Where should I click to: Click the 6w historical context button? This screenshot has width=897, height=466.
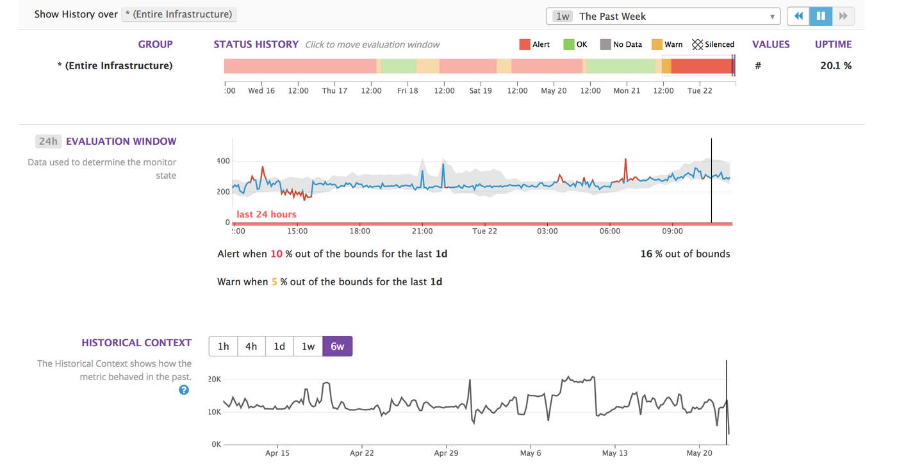tap(337, 346)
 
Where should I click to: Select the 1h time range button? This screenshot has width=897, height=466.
tap(223, 346)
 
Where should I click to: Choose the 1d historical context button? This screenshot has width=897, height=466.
tap(279, 346)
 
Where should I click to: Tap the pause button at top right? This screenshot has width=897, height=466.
tap(821, 16)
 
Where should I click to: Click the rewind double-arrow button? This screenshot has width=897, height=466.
tap(798, 16)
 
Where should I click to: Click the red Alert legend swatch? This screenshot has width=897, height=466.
tap(524, 44)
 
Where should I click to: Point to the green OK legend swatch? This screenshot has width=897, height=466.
tap(568, 44)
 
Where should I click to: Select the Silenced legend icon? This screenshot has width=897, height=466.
tap(697, 44)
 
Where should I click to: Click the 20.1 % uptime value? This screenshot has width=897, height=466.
tap(835, 65)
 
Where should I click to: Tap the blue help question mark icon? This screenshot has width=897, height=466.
tap(184, 390)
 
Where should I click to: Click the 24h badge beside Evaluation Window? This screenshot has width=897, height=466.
tap(48, 141)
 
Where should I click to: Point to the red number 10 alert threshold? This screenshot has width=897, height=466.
tap(276, 254)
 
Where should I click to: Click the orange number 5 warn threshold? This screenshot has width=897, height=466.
tap(274, 281)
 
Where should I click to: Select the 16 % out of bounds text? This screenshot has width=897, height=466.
tap(685, 254)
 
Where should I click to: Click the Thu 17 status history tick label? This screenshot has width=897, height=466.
tap(334, 90)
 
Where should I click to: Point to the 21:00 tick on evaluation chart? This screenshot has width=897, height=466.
tap(422, 231)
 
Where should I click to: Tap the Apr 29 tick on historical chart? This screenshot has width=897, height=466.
tap(446, 453)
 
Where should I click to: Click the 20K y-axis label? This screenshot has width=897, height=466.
tap(215, 379)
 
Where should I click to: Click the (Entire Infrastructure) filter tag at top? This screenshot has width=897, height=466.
tap(179, 14)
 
